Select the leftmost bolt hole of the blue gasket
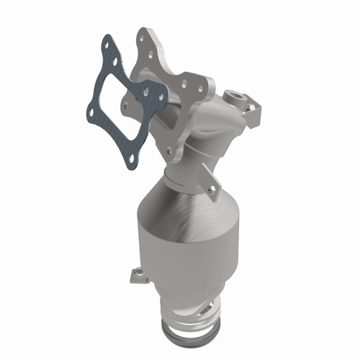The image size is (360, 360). [x=91, y=111]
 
